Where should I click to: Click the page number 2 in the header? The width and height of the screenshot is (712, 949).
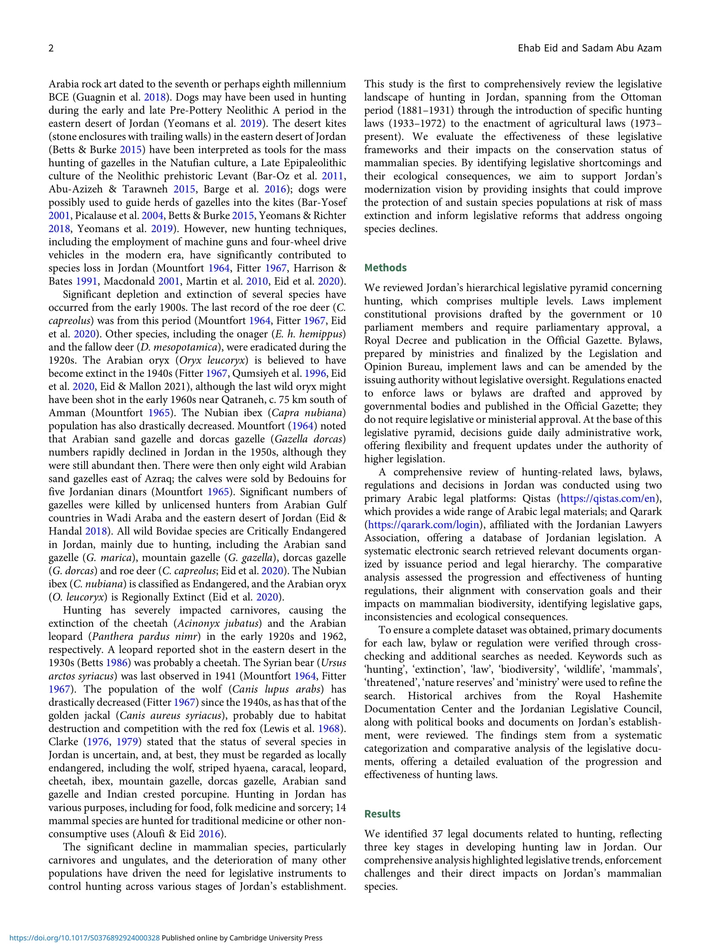coord(51,48)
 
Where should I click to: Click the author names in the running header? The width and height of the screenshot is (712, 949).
coord(589,48)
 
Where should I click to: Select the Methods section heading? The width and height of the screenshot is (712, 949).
coord(385,268)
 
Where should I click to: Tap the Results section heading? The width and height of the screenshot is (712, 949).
coord(382,814)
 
